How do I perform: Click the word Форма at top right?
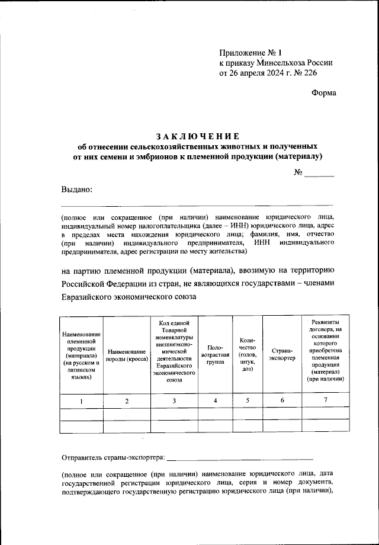[323, 92]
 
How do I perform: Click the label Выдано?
[76, 189]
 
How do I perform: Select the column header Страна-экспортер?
[282, 355]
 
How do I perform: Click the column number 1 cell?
[82, 401]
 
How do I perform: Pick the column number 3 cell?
[174, 401]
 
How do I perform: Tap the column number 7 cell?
[325, 401]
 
